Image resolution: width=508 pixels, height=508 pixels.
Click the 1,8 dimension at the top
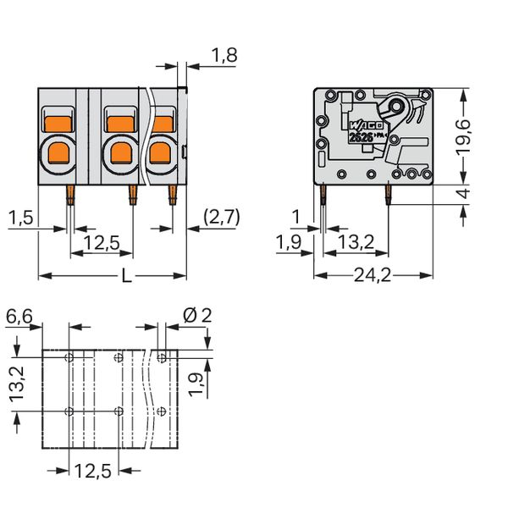pyautogui.click(x=224, y=56)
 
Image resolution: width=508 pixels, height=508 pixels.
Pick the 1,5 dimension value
pyautogui.click(x=21, y=218)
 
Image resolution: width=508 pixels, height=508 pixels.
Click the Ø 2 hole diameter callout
pyautogui.click(x=196, y=316)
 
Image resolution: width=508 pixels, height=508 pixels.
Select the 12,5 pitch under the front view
pyautogui.click(x=102, y=245)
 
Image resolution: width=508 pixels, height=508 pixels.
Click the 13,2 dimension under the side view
pyautogui.click(x=356, y=245)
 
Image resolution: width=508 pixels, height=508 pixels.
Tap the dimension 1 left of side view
pyautogui.click(x=295, y=218)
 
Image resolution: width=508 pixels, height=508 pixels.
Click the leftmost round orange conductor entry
pyautogui.click(x=61, y=152)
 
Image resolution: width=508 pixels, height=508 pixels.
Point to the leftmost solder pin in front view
pyautogui.click(x=69, y=196)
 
